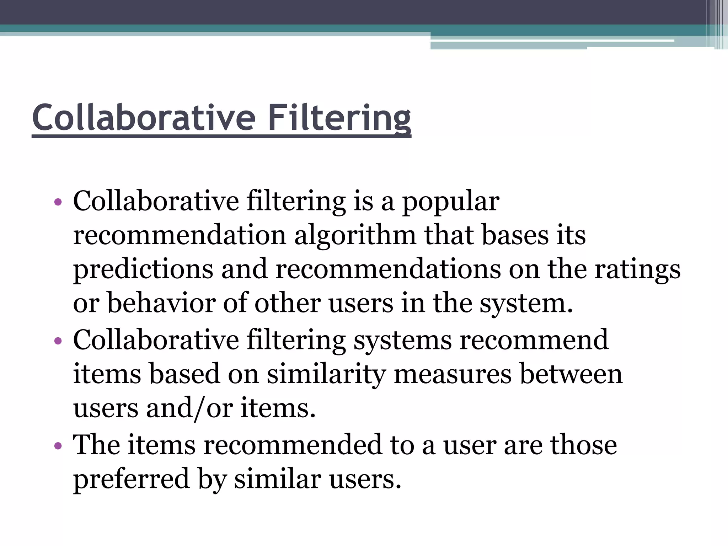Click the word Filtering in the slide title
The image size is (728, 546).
(339, 118)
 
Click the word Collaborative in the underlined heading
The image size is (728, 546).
(144, 118)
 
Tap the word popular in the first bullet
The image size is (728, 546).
(450, 202)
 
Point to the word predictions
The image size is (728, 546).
(143, 269)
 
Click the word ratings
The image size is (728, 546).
(637, 269)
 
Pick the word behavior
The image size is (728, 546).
(161, 303)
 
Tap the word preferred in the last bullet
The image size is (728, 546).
(131, 479)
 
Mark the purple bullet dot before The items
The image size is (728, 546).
(58, 446)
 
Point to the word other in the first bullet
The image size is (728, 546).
(287, 303)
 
